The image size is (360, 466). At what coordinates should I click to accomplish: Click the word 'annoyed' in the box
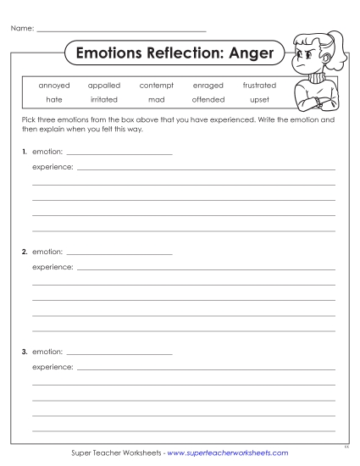54,86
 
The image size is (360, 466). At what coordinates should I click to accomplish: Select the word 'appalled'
104,86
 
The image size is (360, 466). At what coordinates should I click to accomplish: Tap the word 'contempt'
156,86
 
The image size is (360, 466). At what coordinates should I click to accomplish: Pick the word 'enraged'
208,86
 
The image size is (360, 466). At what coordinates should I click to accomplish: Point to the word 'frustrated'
259,86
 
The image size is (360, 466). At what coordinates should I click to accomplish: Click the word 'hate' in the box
54,99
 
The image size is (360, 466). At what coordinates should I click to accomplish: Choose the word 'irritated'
104,99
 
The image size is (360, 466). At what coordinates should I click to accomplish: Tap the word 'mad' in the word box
156,99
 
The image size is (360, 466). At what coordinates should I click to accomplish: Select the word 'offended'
208,99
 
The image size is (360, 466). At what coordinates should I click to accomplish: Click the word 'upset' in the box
259,99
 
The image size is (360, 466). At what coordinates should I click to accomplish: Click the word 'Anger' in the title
250,53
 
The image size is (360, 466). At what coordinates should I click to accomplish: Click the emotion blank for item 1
119,153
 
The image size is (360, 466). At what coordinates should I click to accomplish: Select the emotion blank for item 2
119,252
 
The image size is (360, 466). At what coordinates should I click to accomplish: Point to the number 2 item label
25,252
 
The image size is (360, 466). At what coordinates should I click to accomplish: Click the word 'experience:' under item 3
53,367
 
